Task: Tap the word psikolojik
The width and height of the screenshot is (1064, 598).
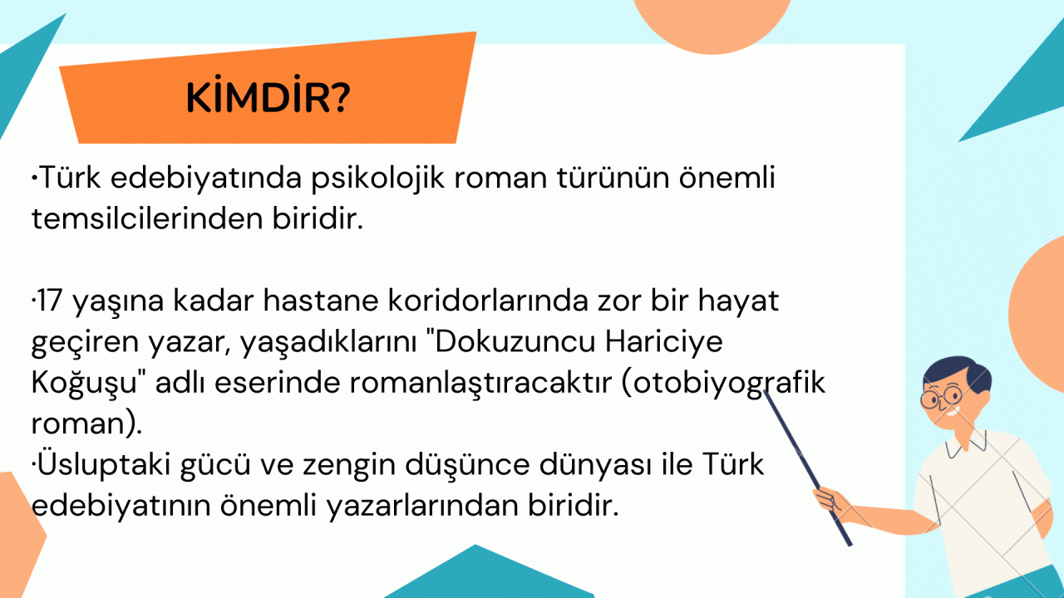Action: [378, 179]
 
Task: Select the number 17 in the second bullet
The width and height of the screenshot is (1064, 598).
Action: [49, 301]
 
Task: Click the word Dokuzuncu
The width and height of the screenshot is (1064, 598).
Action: [515, 341]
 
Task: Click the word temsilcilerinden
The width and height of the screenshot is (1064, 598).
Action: [147, 219]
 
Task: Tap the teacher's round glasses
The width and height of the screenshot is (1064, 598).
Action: [941, 396]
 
